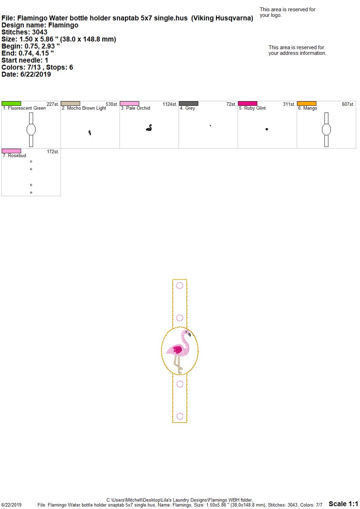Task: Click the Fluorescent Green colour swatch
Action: click(11, 104)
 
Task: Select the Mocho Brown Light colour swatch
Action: click(70, 104)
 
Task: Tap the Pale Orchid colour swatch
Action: click(129, 104)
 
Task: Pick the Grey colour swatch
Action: click(189, 104)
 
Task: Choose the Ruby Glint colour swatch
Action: click(248, 104)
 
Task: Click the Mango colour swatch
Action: click(307, 104)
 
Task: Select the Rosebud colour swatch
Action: click(11, 151)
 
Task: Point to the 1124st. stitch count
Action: click(170, 104)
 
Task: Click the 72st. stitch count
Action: click(231, 104)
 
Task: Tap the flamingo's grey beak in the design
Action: click(189, 334)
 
